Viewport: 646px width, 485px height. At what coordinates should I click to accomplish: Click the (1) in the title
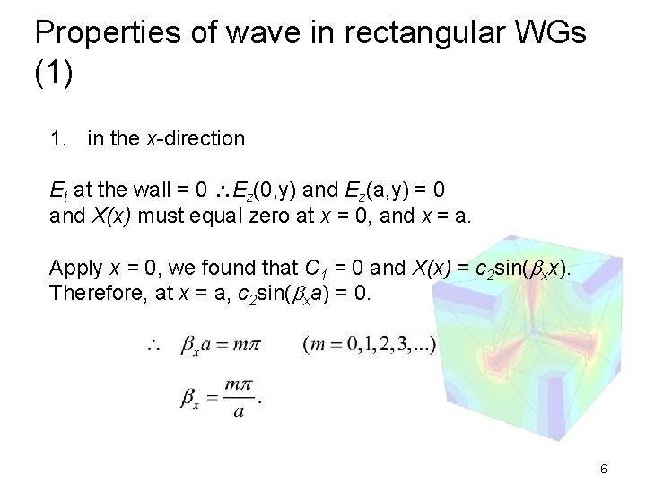[54, 74]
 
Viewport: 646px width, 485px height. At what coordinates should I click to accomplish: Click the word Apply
[76, 268]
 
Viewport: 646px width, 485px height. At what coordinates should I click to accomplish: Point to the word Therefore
[93, 293]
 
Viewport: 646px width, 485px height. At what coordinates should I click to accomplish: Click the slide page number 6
[604, 469]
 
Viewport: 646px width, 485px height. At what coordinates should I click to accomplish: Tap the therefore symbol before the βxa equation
[152, 345]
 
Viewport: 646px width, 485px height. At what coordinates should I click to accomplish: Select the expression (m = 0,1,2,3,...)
[370, 345]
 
